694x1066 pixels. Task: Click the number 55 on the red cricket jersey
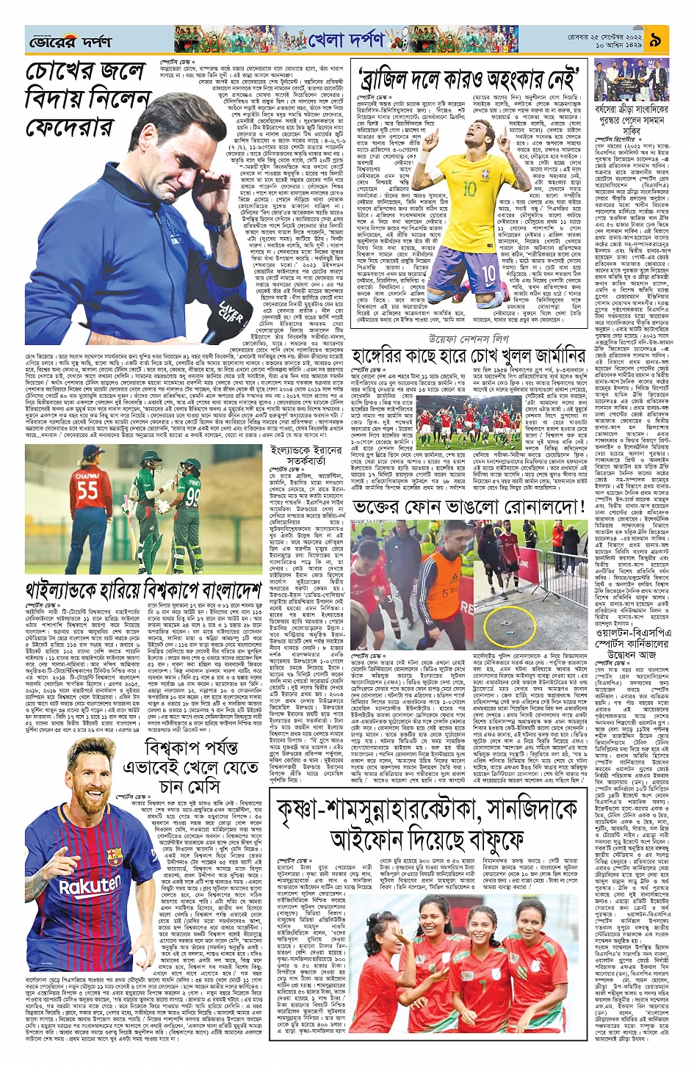click(87, 488)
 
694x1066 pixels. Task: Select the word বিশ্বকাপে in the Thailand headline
click(185, 590)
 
